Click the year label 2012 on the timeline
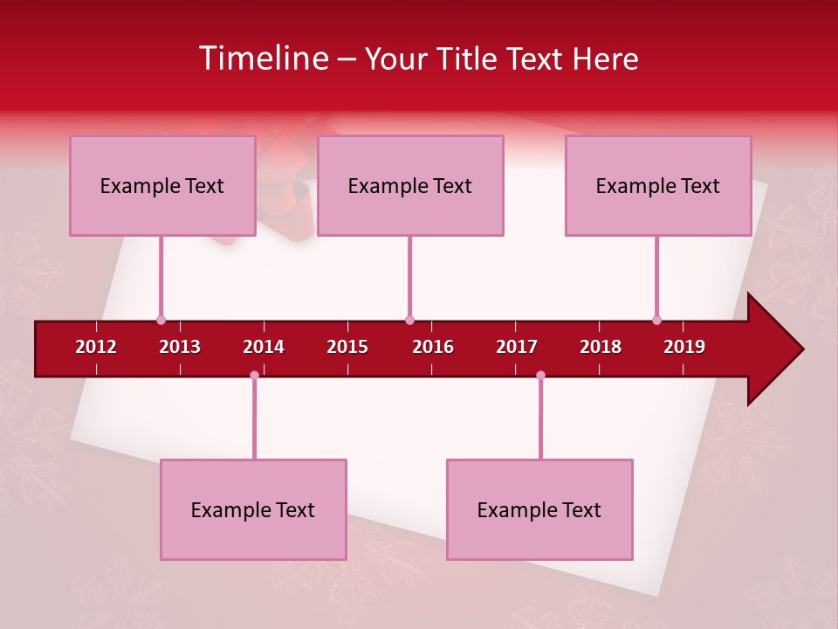coord(96,347)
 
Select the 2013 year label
coord(180,347)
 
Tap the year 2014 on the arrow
coord(264,347)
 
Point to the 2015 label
coord(347,347)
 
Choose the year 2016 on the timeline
coord(433,347)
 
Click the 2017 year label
coord(517,347)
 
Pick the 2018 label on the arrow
coord(601,347)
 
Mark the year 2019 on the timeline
coord(684,347)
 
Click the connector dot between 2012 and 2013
coord(161,320)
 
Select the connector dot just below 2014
coord(254,375)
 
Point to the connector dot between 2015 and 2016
coord(409,320)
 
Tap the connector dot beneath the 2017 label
coord(540,375)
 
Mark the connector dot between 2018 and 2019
coord(656,320)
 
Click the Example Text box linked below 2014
coord(253,509)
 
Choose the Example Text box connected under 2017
coord(539,509)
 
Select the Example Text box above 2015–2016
coord(409,185)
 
